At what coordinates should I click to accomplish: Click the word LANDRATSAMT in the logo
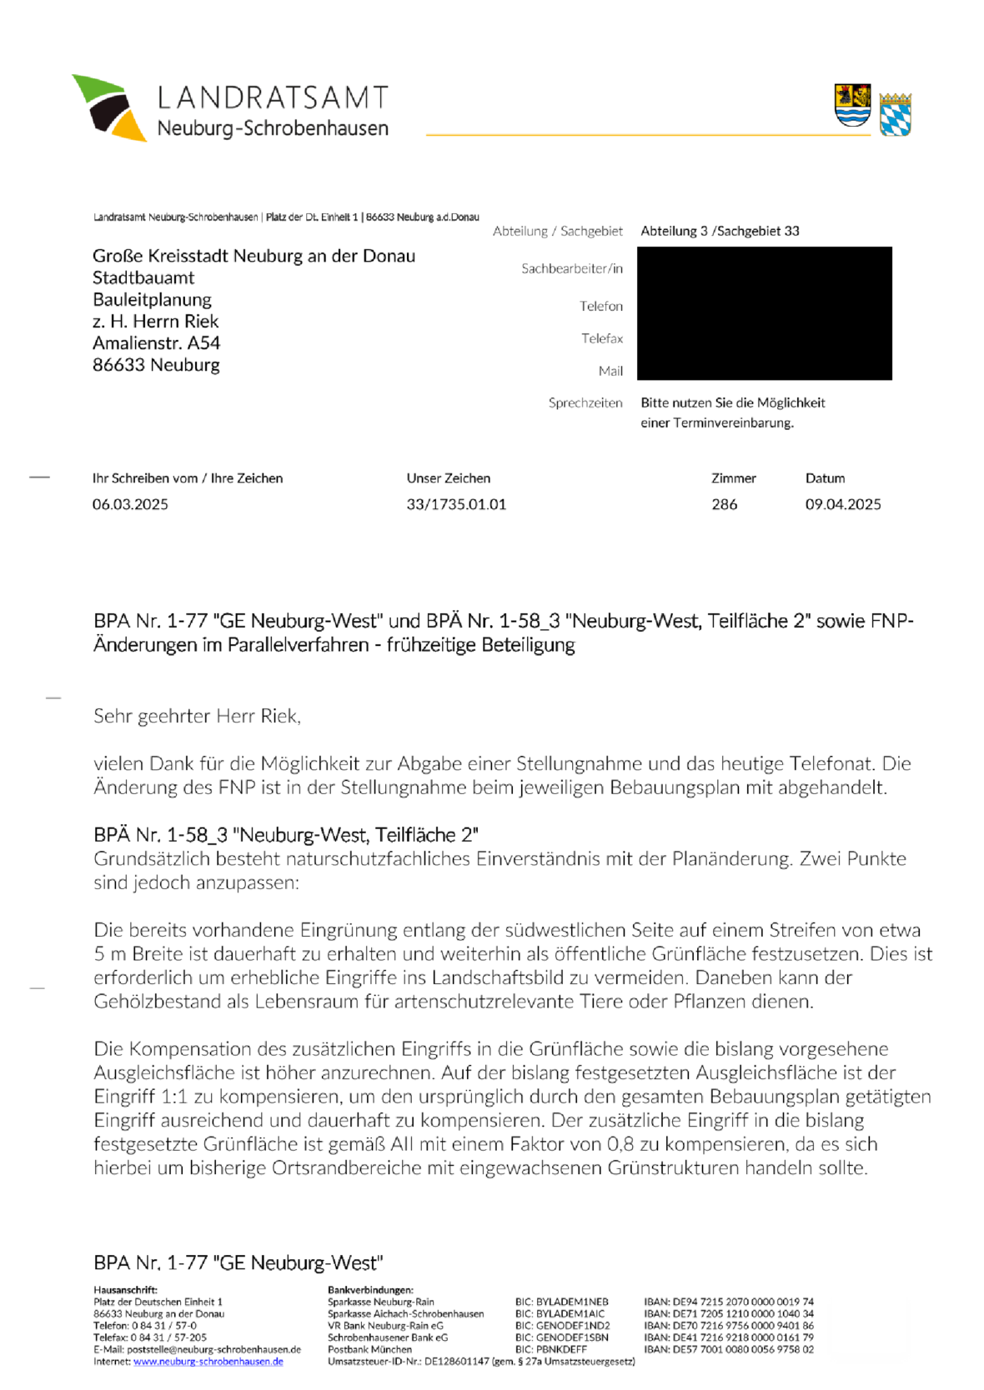273,98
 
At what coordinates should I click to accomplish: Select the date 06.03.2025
130,504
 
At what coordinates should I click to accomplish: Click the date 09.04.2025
843,504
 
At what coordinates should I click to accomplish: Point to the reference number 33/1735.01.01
456,504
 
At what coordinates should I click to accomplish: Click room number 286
724,504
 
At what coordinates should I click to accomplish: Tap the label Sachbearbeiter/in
572,268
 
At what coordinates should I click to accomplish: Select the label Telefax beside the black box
602,338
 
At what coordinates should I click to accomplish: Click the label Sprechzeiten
585,402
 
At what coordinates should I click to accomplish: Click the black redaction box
764,313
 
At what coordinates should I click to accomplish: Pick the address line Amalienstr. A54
156,343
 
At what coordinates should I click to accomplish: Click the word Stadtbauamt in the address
143,278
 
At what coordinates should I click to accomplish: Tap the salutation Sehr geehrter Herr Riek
197,716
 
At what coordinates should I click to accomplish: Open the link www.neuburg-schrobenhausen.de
208,1362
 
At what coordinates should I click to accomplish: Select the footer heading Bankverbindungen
370,1290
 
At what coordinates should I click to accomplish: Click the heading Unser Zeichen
448,478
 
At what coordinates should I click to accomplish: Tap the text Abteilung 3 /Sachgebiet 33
720,231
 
